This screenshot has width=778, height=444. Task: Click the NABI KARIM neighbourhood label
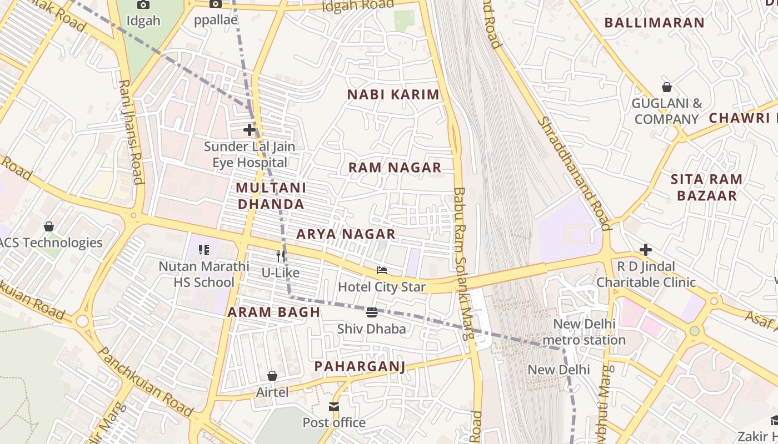click(x=393, y=95)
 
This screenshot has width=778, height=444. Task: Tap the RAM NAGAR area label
click(x=395, y=168)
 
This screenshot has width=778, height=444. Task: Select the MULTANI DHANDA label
click(x=271, y=196)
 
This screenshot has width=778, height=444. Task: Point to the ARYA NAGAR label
click(x=346, y=234)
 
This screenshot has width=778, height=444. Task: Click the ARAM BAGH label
click(x=273, y=312)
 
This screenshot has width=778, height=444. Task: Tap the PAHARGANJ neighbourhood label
click(x=360, y=366)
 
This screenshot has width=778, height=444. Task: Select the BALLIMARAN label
click(x=654, y=23)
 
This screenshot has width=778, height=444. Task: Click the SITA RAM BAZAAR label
click(x=706, y=187)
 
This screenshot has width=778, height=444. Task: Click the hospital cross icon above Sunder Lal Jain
click(x=250, y=130)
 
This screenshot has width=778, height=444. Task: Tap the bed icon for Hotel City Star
click(x=382, y=270)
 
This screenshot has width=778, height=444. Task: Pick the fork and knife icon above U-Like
click(x=281, y=256)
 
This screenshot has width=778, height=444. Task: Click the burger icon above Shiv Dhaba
click(x=372, y=312)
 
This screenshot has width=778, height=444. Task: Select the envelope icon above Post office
click(x=334, y=407)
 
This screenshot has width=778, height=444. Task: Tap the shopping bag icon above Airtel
click(x=272, y=376)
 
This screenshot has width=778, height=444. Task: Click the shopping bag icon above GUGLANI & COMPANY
click(x=667, y=87)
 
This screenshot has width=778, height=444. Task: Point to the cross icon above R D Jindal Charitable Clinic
click(x=645, y=250)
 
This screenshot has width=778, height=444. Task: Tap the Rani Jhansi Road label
click(x=131, y=131)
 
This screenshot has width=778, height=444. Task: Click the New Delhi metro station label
click(x=583, y=332)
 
